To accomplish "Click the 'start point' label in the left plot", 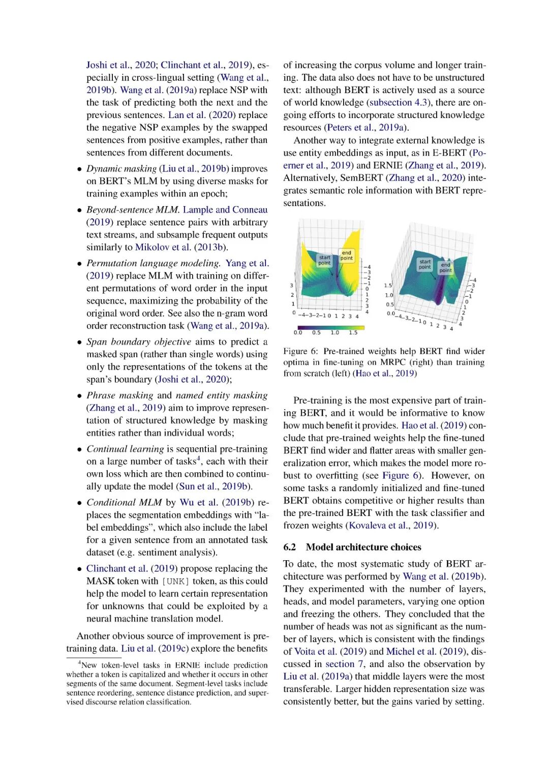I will point(324,260).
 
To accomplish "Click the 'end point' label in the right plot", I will point(445,268).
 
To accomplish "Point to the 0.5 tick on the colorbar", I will point(316,332).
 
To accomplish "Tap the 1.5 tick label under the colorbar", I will point(353,332).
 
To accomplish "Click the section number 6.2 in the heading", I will point(290,547).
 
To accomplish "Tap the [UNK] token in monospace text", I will point(175,581).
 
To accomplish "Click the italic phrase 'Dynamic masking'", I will point(121,168).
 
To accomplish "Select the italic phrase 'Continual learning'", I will point(125,449).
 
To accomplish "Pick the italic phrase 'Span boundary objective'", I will point(139,342).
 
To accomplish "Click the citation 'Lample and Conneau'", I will point(225,210).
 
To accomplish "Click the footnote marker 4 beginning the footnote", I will point(79,663).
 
